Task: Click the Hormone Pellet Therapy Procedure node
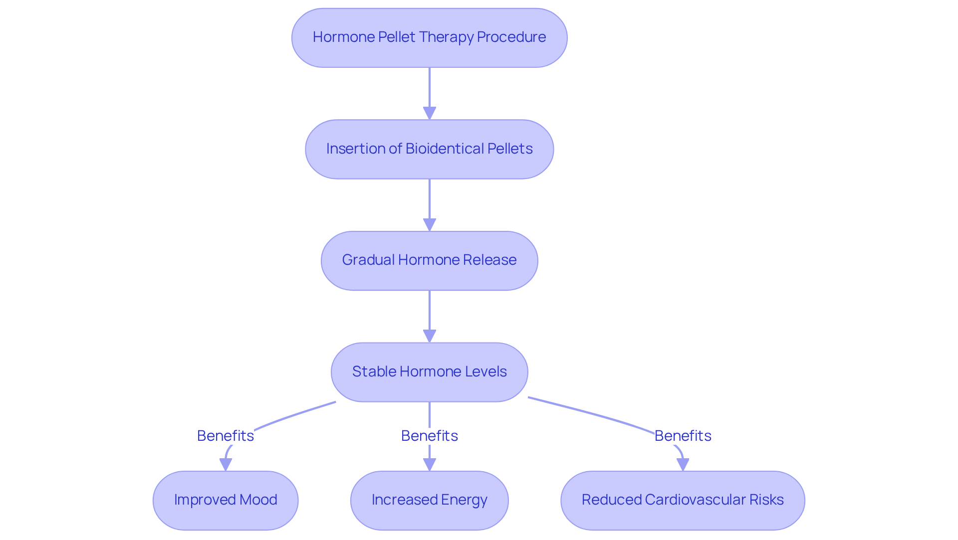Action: [x=429, y=37]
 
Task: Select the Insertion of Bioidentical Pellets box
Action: [x=429, y=149]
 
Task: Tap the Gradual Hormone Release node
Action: [x=429, y=260]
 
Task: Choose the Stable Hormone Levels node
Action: [x=429, y=372]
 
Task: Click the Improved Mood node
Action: [x=226, y=500]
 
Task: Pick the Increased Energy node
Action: [x=429, y=500]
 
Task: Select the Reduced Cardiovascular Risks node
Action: [x=683, y=500]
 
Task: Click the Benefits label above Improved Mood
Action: [x=226, y=436]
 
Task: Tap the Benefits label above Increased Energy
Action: [x=429, y=436]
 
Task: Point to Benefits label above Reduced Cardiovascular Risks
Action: [x=683, y=436]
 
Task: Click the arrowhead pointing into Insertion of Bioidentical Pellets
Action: [x=430, y=113]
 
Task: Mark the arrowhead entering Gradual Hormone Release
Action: [x=430, y=224]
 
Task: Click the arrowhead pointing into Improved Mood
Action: [x=226, y=464]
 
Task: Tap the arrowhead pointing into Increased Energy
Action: [x=430, y=464]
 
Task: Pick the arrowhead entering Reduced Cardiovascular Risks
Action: [x=683, y=464]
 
